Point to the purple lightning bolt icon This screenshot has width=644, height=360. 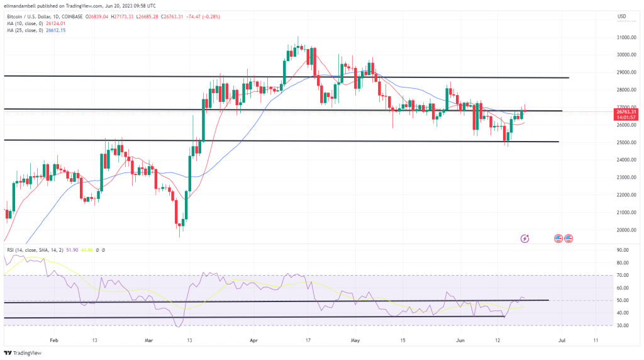click(525, 239)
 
